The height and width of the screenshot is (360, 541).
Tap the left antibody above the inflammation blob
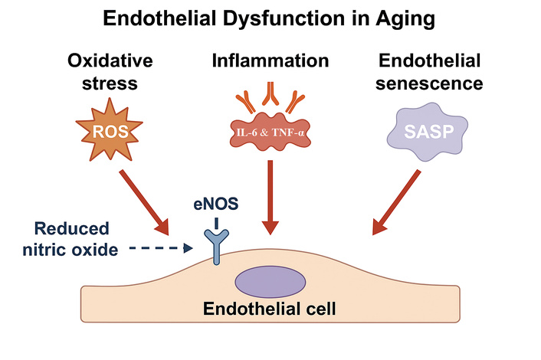pos(245,100)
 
